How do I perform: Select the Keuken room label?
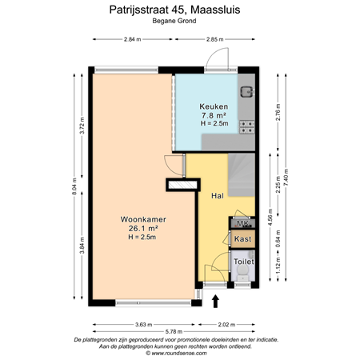click(x=214, y=106)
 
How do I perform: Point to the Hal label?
click(x=216, y=195)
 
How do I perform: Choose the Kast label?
click(x=242, y=238)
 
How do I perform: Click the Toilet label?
click(x=243, y=262)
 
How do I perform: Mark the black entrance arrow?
click(x=215, y=300)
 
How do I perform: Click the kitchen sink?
click(x=249, y=90)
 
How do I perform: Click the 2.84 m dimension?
click(x=133, y=39)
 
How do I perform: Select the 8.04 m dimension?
click(x=74, y=189)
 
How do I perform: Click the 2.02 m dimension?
click(x=229, y=323)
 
